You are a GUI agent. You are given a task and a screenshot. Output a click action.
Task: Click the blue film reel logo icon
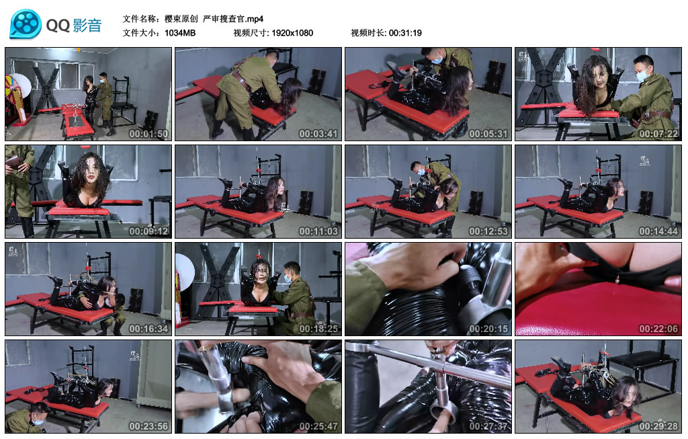click(26, 24)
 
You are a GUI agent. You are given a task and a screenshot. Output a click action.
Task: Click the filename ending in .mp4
click(214, 19)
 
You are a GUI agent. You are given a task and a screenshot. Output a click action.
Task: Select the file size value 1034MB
click(180, 33)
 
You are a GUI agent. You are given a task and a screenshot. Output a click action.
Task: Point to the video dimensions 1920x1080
click(292, 33)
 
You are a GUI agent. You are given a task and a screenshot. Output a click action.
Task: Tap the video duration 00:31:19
click(405, 33)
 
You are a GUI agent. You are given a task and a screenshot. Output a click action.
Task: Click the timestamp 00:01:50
click(148, 134)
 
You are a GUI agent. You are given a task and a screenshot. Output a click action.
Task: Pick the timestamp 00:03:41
click(318, 134)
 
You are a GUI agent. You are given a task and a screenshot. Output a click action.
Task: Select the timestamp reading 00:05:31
click(488, 134)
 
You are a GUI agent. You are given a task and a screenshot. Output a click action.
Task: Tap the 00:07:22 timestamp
click(658, 134)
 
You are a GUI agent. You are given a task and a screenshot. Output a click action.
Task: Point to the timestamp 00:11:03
click(318, 231)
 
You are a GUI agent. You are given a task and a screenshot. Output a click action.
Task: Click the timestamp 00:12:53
click(488, 231)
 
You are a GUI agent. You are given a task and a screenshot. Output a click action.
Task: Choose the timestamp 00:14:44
click(658, 231)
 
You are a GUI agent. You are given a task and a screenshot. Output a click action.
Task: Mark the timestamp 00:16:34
click(148, 329)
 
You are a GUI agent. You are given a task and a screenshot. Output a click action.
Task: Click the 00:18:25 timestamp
click(318, 329)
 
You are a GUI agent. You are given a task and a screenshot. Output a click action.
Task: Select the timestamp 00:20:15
click(488, 329)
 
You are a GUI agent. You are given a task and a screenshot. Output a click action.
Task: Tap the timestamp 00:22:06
click(658, 329)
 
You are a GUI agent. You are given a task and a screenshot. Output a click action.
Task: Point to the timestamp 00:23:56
click(148, 426)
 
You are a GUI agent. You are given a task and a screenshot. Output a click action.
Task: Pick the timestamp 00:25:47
click(318, 426)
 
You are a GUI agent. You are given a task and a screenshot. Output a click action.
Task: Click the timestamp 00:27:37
click(488, 426)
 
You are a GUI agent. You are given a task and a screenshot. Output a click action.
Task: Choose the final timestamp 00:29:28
click(658, 426)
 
